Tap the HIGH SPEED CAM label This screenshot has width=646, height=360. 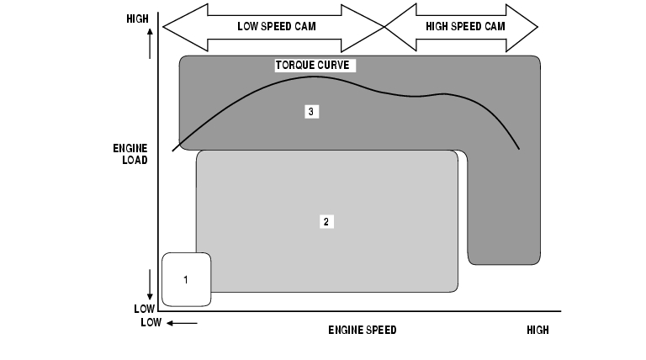(x=464, y=25)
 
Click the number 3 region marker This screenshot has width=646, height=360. (x=311, y=111)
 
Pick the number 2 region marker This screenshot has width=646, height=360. (x=326, y=221)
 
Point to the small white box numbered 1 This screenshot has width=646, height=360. (x=186, y=279)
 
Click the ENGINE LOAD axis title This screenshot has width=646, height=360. (x=130, y=153)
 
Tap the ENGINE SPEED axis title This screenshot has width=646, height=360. (x=362, y=330)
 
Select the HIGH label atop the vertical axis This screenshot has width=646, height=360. (x=136, y=18)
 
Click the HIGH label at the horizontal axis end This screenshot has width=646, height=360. (x=537, y=330)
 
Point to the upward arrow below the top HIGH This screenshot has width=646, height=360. (x=150, y=42)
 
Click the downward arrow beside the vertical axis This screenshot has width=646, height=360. (x=150, y=284)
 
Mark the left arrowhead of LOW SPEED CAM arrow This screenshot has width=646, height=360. (x=169, y=26)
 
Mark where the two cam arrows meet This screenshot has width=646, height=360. (x=385, y=26)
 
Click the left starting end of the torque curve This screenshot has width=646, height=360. (x=173, y=151)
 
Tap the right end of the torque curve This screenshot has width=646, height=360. (x=519, y=149)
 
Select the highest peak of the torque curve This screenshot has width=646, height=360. (x=313, y=77)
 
